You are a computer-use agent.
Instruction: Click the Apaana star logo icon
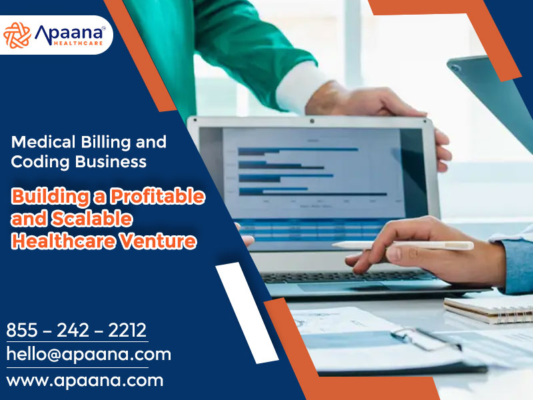pyautogui.click(x=17, y=35)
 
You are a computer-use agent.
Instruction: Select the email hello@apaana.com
pyautogui.click(x=89, y=354)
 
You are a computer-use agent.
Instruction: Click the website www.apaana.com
pyautogui.click(x=85, y=381)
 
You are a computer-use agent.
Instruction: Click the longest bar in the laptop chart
pyautogui.click(x=312, y=194)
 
